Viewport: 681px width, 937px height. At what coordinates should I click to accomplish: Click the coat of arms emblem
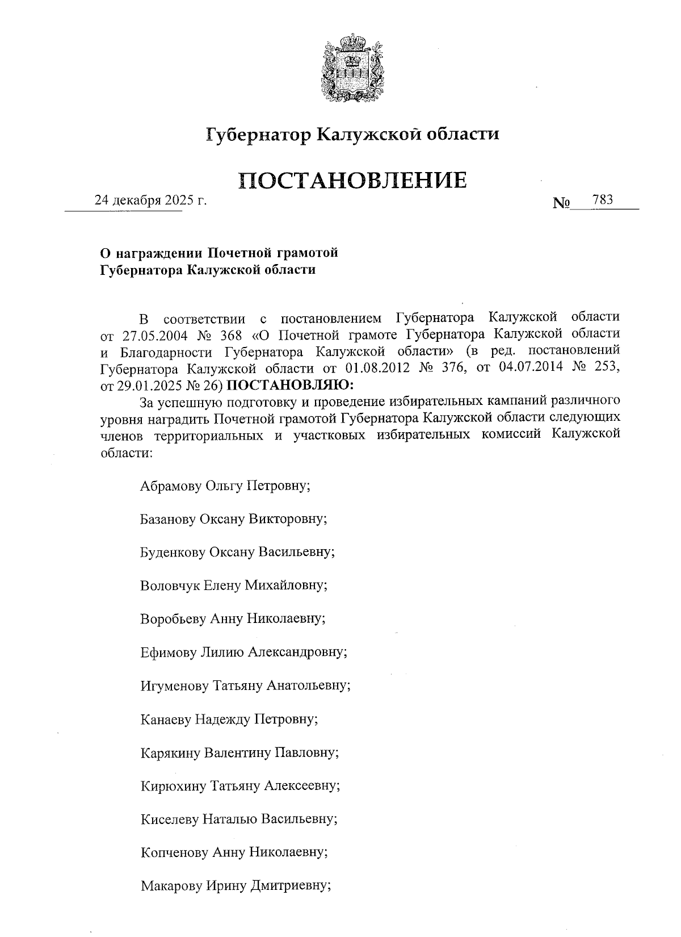point(351,68)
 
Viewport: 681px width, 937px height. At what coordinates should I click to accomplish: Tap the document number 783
point(602,200)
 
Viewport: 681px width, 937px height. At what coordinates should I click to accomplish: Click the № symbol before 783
point(561,203)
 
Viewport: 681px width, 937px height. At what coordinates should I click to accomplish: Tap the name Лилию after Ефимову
point(223,652)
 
